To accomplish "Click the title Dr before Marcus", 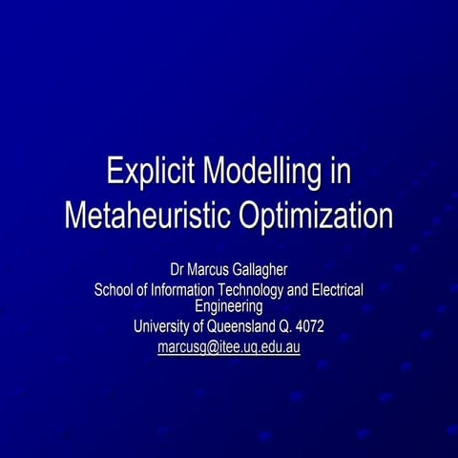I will point(178,268).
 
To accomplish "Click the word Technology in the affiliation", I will point(257,289).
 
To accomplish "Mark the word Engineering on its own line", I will point(229,306).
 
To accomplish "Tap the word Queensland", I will point(242,327).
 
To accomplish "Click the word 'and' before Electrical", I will point(299,289).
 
